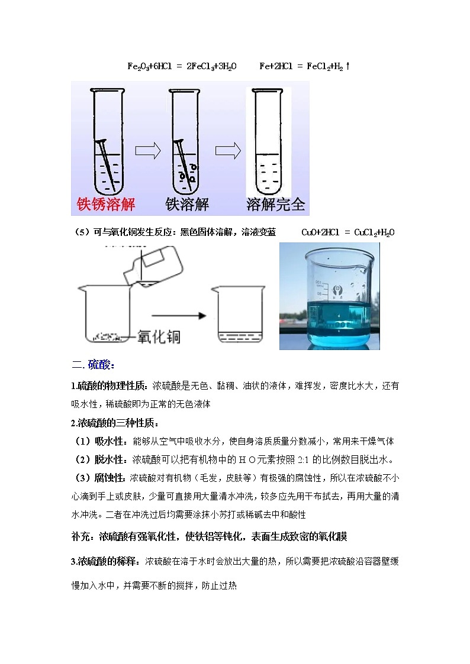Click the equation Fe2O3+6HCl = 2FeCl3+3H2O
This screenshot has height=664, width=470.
[x=182, y=66]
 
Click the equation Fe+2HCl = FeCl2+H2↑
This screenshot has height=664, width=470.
[x=305, y=66]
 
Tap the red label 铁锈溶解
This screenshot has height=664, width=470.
[x=106, y=205]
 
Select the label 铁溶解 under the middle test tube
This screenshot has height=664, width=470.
[x=187, y=205]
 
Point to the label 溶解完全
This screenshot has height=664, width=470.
[x=276, y=205]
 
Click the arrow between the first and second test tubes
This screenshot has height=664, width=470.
[x=148, y=151]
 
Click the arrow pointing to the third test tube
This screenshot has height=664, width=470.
[x=228, y=151]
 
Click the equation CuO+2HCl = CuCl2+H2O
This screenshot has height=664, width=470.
[x=348, y=232]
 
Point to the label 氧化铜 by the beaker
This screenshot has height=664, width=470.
[x=159, y=336]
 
